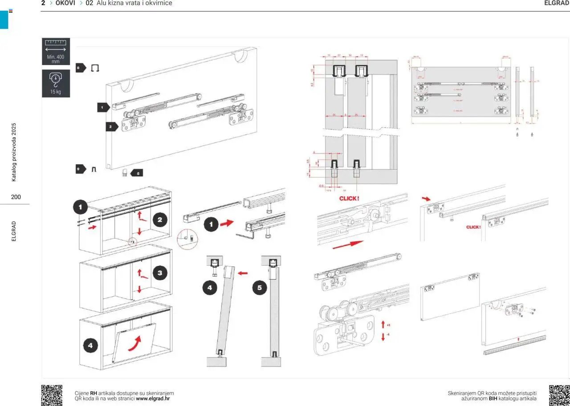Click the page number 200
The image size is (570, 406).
(x=16, y=197)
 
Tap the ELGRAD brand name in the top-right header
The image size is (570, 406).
(x=557, y=3)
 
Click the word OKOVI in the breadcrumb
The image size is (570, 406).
(x=65, y=3)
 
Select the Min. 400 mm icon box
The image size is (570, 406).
(x=56, y=51)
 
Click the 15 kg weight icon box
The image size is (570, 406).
(x=56, y=83)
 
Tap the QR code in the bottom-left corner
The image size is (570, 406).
(x=52, y=395)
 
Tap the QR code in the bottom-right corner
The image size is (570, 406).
(x=559, y=395)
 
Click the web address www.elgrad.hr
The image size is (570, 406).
(x=153, y=398)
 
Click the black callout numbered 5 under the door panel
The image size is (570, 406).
(x=137, y=173)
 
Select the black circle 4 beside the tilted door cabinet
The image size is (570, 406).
(x=90, y=345)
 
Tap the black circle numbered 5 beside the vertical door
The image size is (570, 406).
(x=260, y=288)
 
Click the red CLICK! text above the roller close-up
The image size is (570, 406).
(x=350, y=198)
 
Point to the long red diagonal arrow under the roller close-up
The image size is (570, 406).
(x=348, y=245)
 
